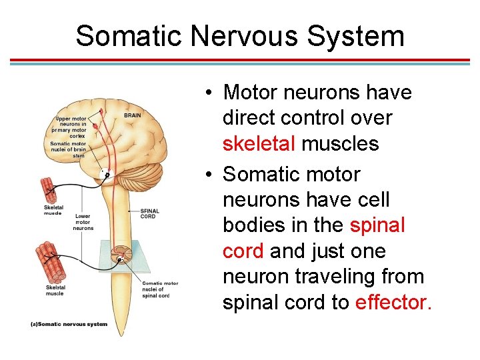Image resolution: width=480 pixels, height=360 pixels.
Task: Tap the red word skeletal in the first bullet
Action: [260, 143]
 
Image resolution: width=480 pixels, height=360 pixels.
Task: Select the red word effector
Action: [394, 302]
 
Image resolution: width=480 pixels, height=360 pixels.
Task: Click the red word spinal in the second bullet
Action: [377, 225]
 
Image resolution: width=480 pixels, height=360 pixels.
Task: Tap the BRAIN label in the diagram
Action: [133, 115]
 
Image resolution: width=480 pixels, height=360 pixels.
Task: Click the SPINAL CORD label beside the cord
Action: [149, 215]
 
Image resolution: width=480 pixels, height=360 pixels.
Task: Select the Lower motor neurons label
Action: [83, 222]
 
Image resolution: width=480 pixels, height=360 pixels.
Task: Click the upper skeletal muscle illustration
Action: [53, 189]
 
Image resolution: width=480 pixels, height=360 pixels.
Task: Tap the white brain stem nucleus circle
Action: [105, 175]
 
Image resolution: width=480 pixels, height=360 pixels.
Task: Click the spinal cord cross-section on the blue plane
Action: [122, 254]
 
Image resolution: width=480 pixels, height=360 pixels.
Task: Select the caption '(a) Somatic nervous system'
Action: [69, 324]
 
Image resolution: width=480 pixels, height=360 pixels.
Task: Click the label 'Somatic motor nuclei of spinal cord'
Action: [160, 289]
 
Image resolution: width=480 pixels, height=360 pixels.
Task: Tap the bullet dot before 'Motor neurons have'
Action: [209, 93]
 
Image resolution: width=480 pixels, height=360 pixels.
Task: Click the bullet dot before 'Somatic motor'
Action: [209, 175]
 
